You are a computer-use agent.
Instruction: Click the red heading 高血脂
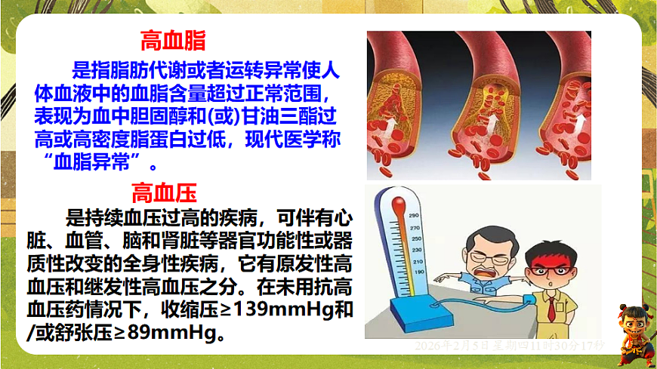(x=173, y=40)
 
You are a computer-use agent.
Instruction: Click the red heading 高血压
(x=165, y=192)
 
